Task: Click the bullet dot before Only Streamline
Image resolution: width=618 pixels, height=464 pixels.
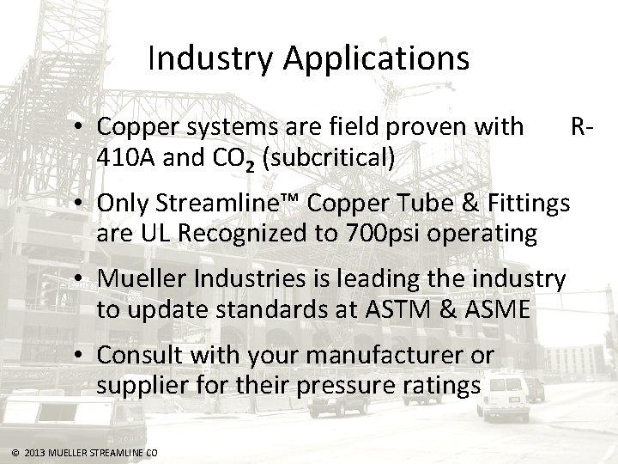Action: (x=78, y=205)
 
